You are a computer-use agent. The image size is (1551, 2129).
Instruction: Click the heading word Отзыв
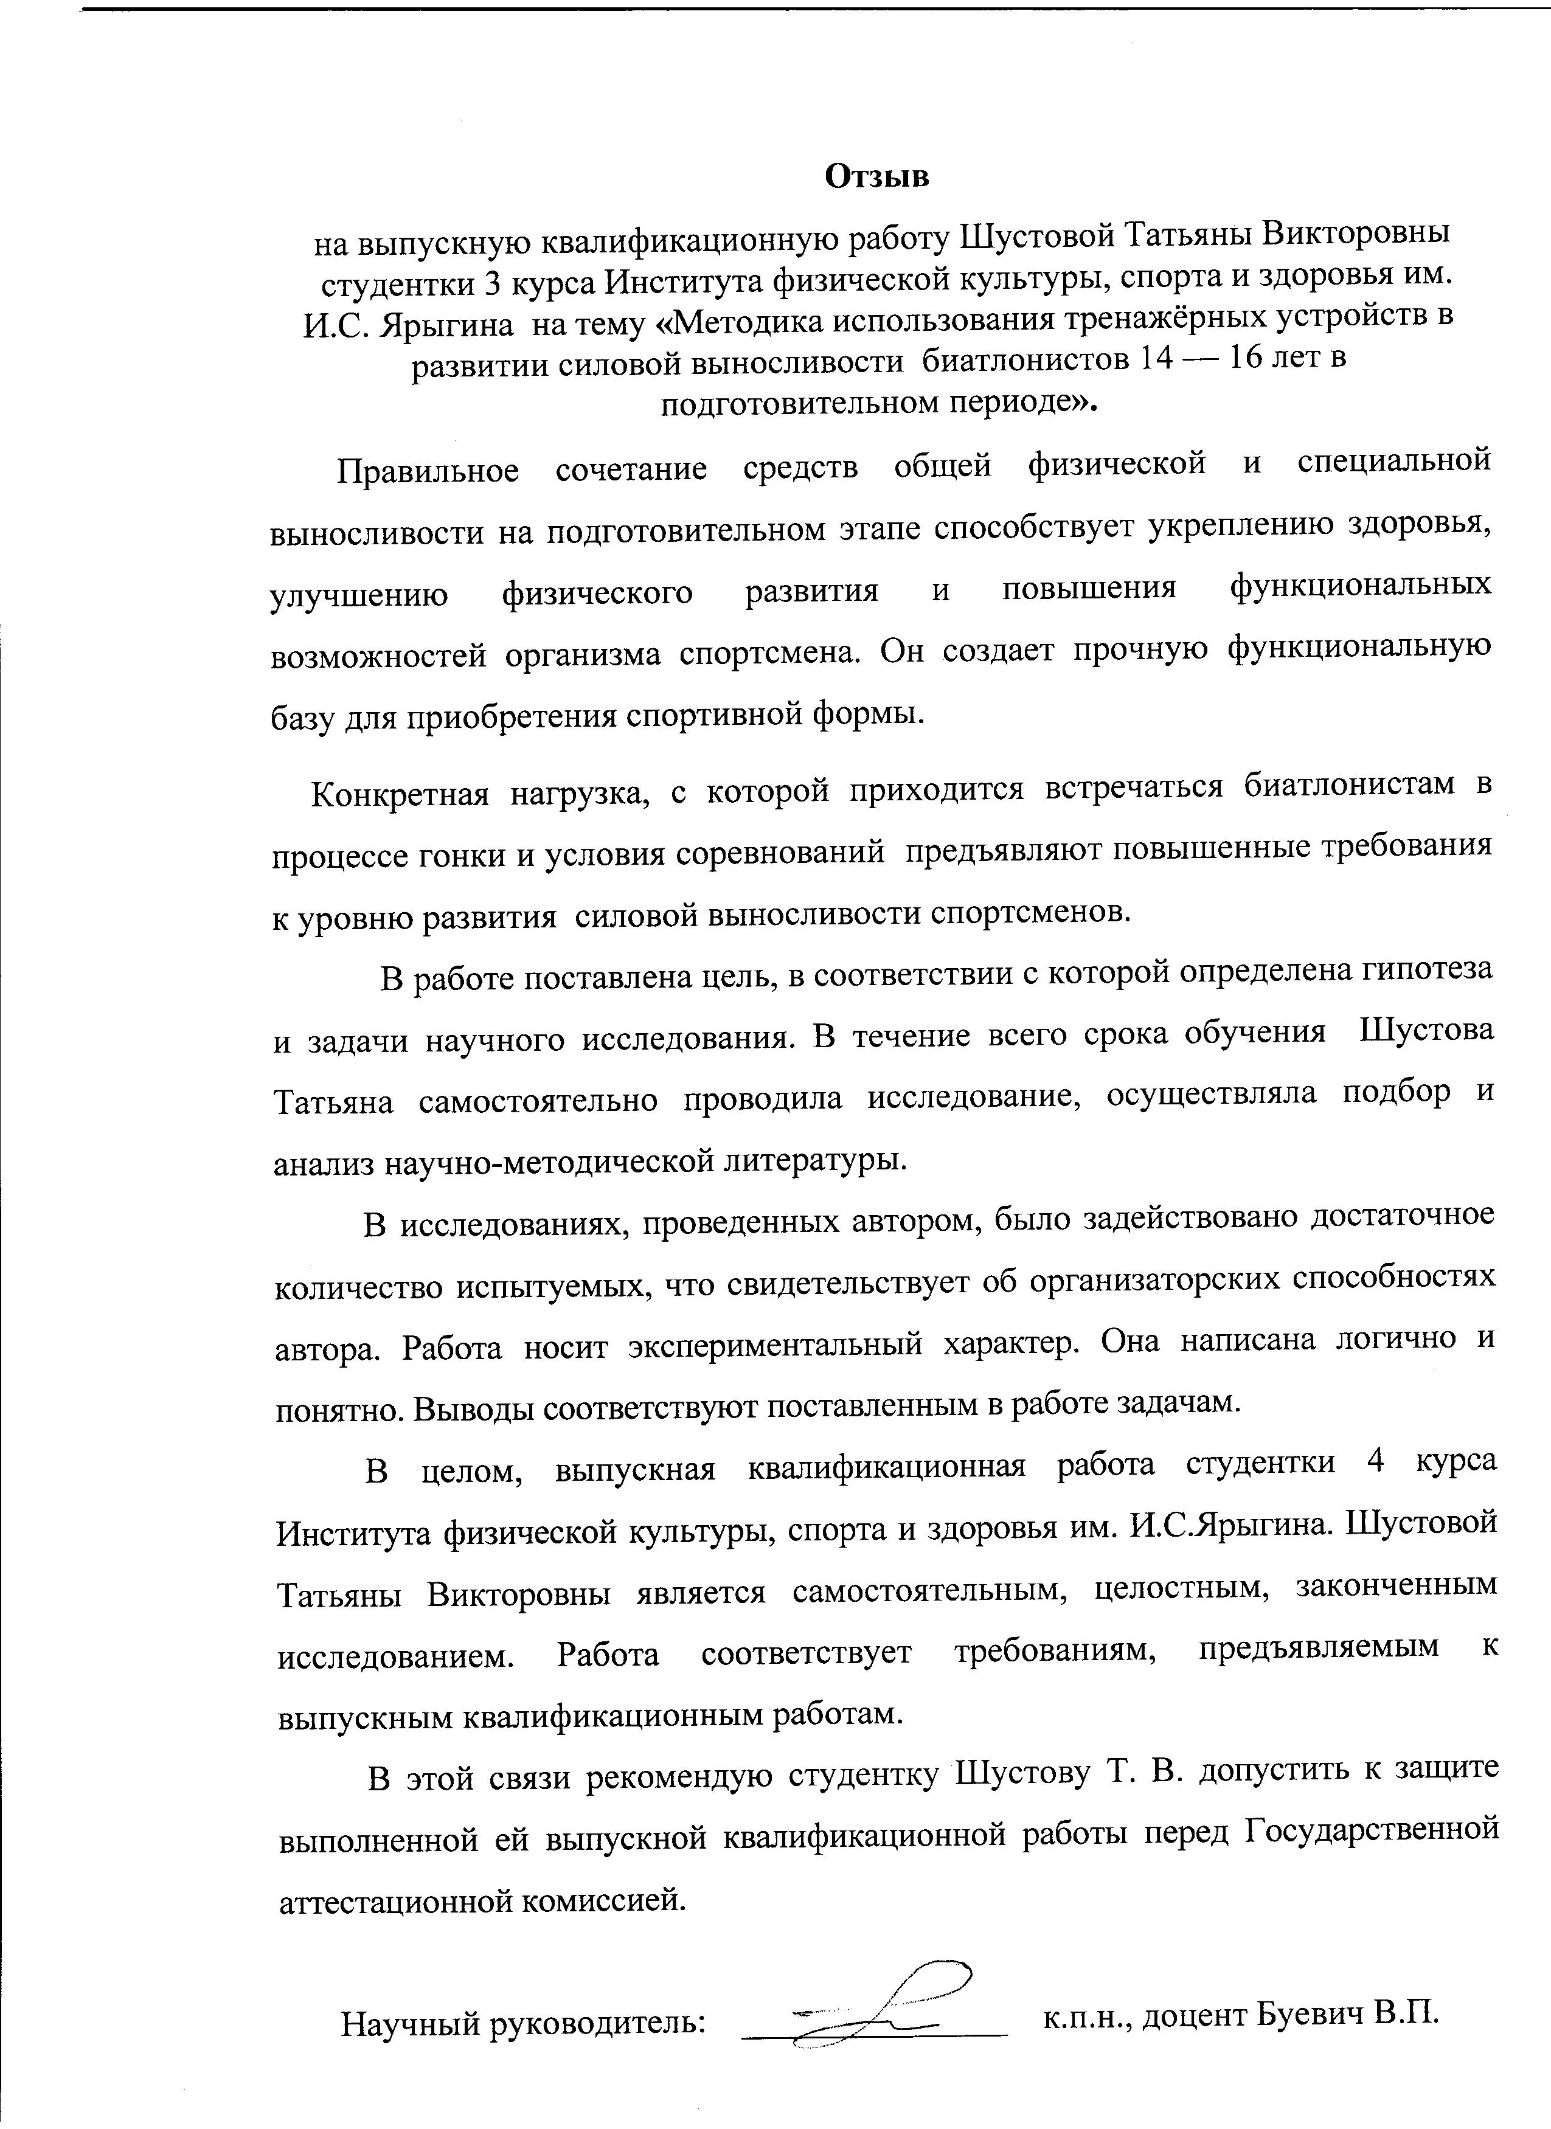pos(876,176)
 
